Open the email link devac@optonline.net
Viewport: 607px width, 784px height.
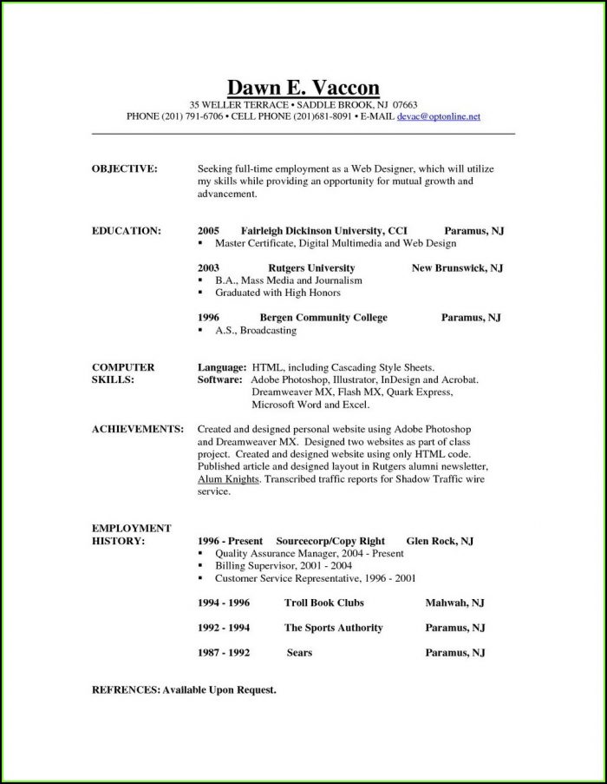click(438, 115)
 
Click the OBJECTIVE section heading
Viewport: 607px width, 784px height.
click(124, 168)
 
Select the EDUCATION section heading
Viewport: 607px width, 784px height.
click(126, 231)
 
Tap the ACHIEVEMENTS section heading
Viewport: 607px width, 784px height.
click(137, 429)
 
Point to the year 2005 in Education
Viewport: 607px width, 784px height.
click(208, 231)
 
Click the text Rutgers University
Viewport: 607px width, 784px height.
click(311, 268)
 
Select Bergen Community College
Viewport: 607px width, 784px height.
click(323, 318)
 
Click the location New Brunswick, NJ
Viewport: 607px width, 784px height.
click(457, 268)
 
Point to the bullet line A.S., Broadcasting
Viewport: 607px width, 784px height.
click(255, 331)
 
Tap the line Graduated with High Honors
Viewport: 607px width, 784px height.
click(277, 293)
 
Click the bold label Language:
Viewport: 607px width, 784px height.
click(222, 367)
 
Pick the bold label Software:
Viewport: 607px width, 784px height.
click(220, 380)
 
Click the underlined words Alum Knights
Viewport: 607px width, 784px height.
click(227, 478)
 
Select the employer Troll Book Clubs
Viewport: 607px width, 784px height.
click(323, 603)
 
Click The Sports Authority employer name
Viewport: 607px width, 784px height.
click(333, 628)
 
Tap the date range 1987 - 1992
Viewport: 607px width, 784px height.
click(224, 653)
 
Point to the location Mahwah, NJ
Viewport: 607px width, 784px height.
click(454, 603)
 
